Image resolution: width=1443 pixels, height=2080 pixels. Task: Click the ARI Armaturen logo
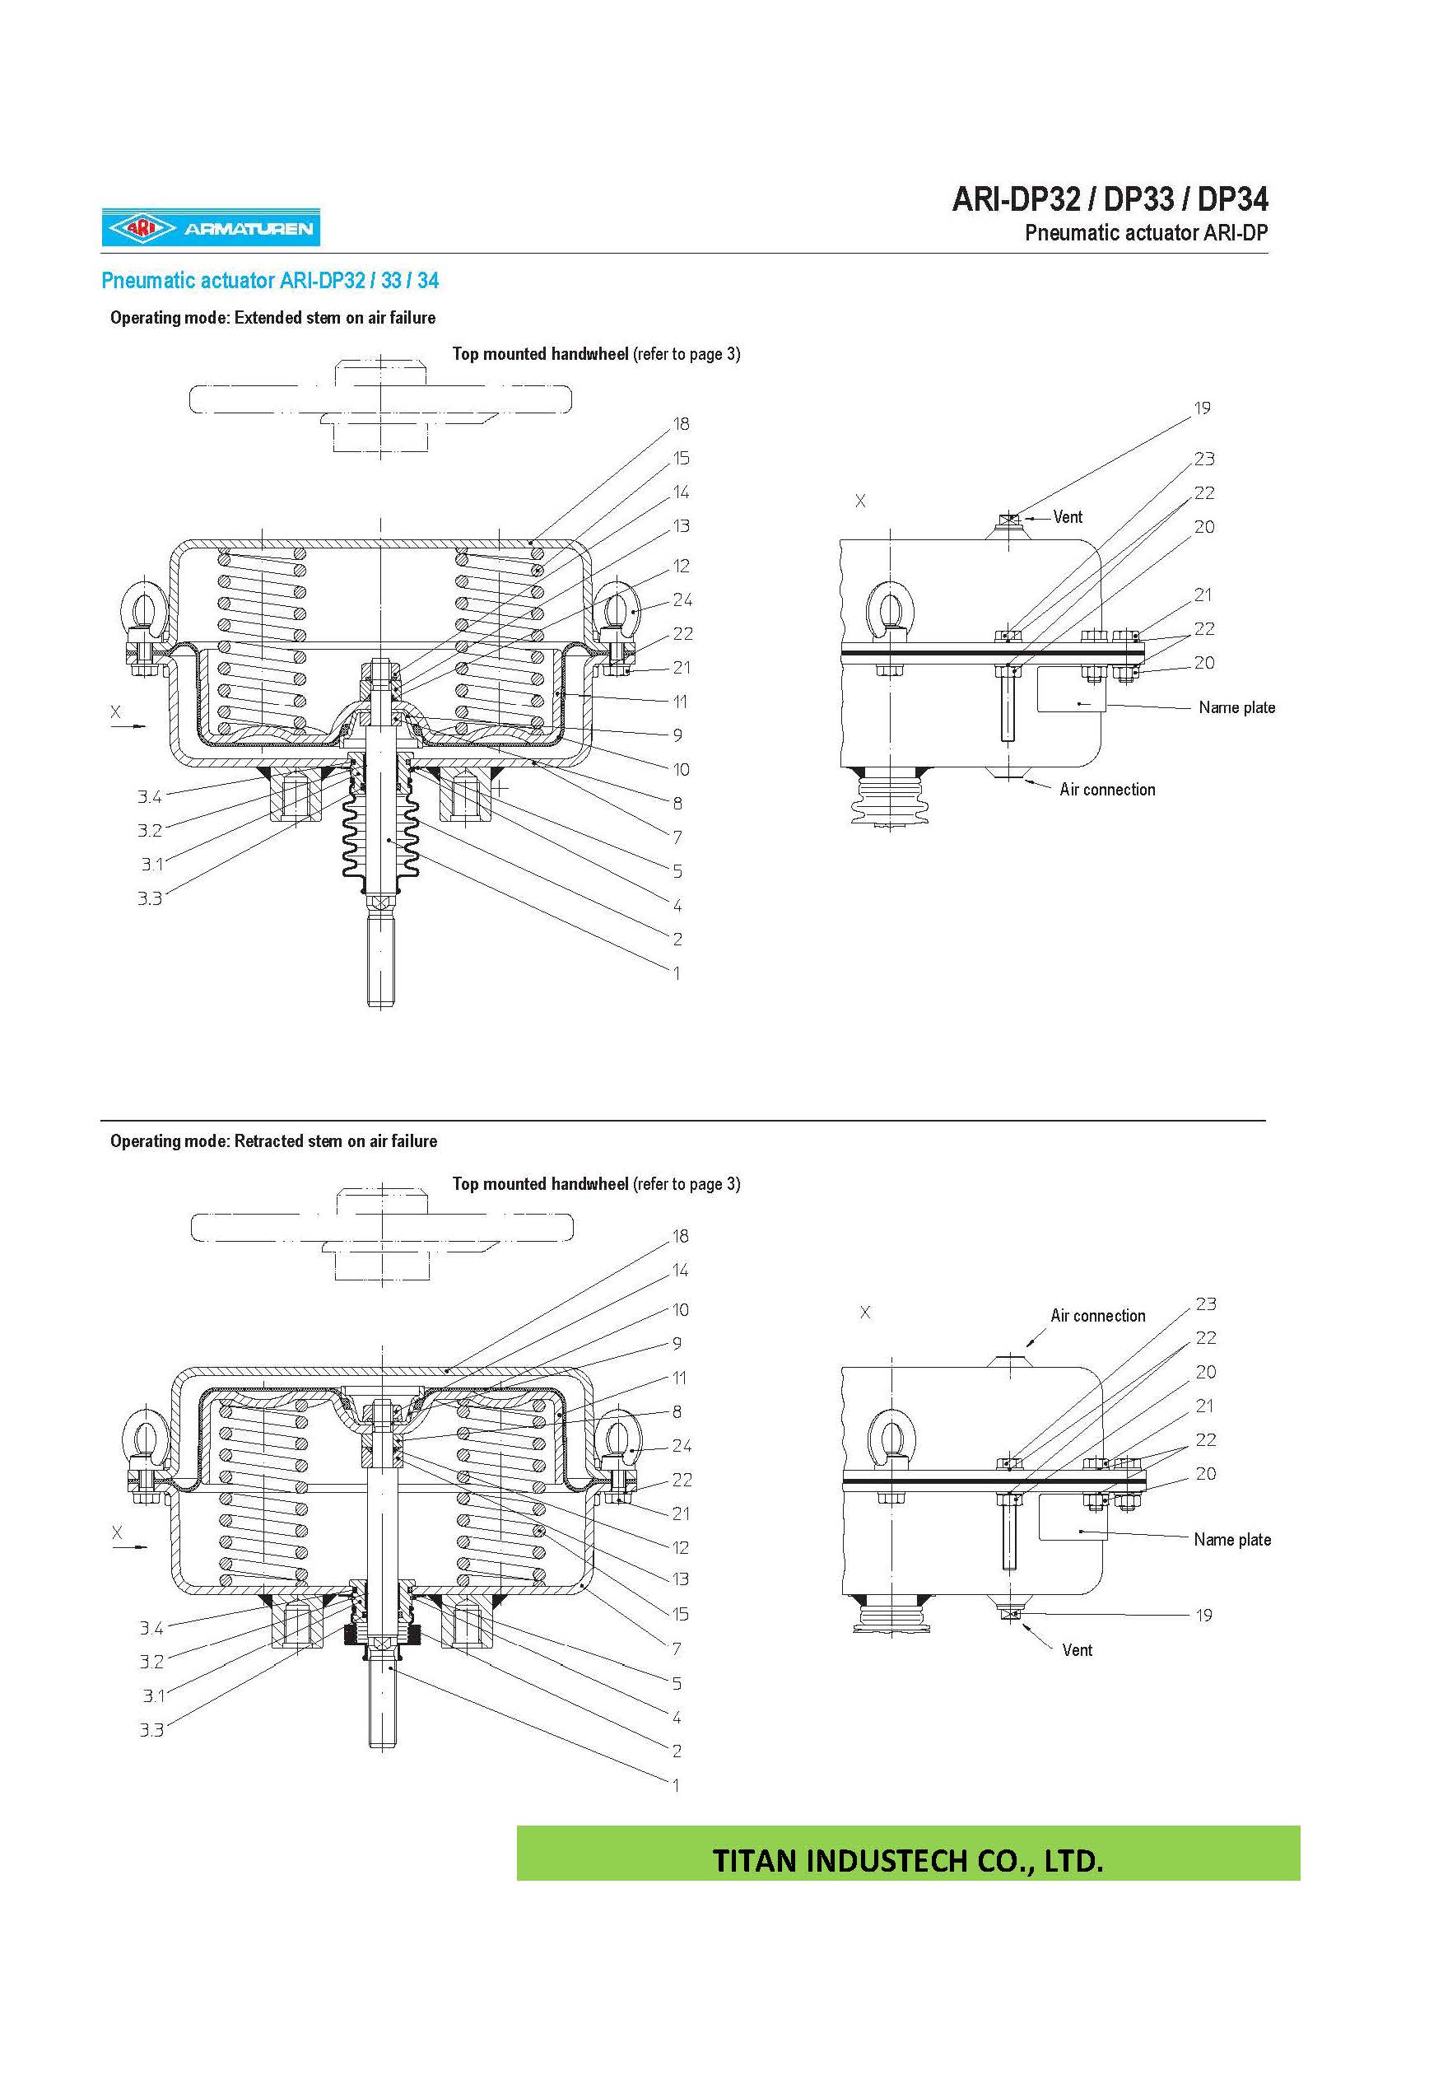pos(211,228)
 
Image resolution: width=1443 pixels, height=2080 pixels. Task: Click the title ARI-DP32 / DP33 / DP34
pos(1110,199)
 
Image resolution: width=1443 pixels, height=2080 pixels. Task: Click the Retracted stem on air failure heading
pos(273,1141)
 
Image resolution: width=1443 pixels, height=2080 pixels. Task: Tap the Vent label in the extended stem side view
pos(1067,517)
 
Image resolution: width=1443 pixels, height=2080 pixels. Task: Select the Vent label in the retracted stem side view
pos(1077,1649)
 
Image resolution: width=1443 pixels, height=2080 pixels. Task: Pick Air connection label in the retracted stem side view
pos(1096,1316)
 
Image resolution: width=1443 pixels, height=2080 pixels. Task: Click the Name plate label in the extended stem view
pos(1236,707)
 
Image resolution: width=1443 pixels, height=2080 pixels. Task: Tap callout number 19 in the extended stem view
pos(1202,408)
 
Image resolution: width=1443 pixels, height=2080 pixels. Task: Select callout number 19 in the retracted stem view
pos(1203,1615)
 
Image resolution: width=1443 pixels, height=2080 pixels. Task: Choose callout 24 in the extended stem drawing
pos(682,599)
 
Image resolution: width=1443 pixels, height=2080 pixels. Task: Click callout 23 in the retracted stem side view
pos(1205,1304)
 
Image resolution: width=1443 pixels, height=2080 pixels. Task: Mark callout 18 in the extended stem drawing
pos(681,424)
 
